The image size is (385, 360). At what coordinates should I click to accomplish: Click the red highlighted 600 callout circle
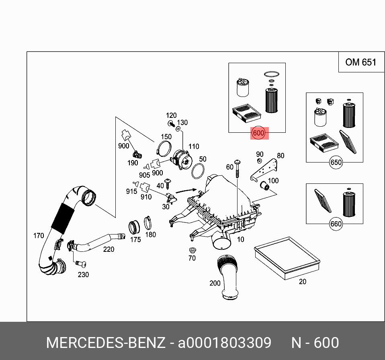(258, 133)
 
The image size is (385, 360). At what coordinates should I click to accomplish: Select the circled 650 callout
(336, 163)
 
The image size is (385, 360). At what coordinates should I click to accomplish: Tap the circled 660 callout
(336, 224)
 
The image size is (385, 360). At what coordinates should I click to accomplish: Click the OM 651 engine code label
(360, 62)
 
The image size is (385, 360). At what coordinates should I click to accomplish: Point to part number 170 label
(39, 236)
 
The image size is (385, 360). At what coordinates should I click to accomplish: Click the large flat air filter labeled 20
(287, 258)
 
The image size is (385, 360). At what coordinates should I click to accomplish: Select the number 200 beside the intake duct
(215, 283)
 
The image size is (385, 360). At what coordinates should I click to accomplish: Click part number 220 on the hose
(109, 249)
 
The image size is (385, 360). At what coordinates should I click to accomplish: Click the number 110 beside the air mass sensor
(194, 146)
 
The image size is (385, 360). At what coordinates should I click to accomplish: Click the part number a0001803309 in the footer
(225, 343)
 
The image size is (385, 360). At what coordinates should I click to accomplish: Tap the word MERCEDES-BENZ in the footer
(106, 343)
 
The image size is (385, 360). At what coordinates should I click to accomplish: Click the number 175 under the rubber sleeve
(135, 240)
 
